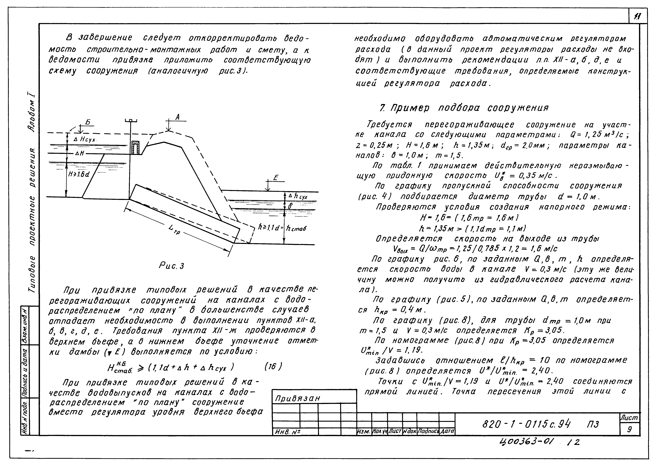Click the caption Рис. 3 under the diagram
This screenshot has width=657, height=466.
pyautogui.click(x=171, y=266)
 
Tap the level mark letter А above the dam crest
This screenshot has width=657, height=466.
pyautogui.click(x=178, y=117)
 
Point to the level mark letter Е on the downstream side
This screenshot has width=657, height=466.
pyautogui.click(x=275, y=178)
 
